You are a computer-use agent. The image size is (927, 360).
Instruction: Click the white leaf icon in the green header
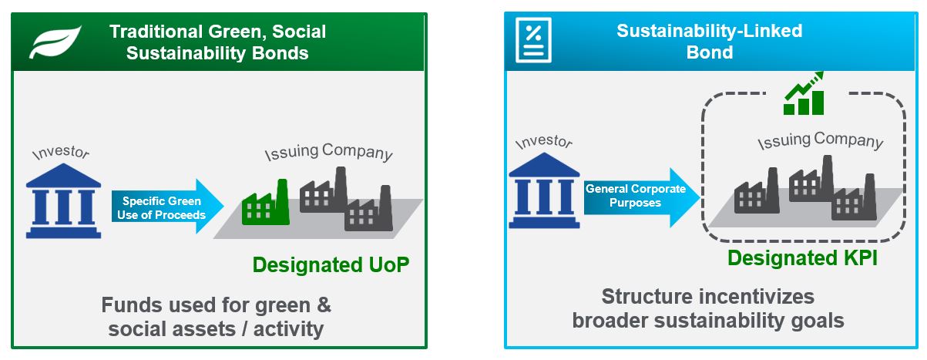55,42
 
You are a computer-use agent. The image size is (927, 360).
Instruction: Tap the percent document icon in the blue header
533,40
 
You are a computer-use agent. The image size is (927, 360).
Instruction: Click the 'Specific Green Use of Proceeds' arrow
168,206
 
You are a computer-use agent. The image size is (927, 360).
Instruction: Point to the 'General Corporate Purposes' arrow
641,197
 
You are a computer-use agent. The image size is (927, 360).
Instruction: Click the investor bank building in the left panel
63,200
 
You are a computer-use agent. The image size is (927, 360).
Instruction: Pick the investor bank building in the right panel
544,190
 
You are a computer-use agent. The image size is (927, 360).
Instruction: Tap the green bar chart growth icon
804,93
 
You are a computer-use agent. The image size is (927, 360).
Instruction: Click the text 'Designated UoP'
331,265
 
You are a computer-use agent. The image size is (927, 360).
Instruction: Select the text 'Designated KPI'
802,258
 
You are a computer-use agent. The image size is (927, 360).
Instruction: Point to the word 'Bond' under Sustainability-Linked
710,52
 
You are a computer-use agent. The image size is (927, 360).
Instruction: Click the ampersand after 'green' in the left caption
324,305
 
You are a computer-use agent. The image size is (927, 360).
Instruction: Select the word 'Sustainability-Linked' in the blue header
710,31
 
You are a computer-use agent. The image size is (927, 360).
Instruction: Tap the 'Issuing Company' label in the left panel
328,152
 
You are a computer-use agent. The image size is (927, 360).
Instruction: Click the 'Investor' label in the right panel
544,142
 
